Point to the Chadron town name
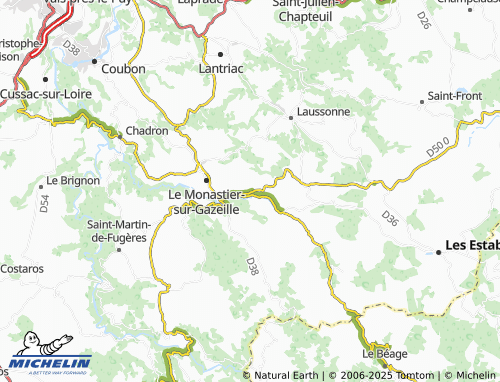[145, 131]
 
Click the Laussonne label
[321, 112]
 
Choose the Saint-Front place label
[455, 96]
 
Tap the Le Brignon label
[73, 181]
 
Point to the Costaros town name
[22, 269]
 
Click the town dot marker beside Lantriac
[220, 53]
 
